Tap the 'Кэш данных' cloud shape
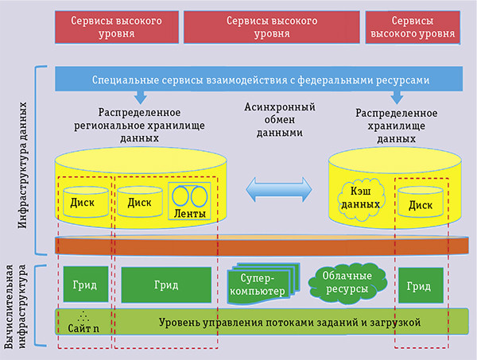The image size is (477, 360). pyautogui.click(x=358, y=199)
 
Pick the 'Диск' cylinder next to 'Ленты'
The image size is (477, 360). pyautogui.click(x=138, y=201)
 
